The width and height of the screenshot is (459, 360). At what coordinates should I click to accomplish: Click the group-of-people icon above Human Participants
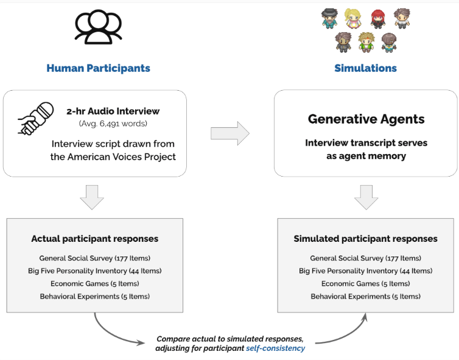tap(98, 27)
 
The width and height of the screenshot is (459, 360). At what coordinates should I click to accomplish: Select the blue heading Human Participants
tap(98, 68)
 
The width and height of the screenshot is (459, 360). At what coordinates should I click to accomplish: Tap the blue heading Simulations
tap(365, 68)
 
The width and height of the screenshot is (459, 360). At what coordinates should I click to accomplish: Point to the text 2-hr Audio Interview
tap(113, 111)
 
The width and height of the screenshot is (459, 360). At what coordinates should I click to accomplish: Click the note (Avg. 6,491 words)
tap(113, 124)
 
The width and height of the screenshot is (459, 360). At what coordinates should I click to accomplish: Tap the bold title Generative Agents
tap(365, 119)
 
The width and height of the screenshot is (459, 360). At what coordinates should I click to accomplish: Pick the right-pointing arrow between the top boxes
tap(229, 133)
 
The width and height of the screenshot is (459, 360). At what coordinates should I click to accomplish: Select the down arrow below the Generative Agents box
tap(366, 197)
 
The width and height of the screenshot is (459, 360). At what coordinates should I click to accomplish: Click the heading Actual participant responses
tap(94, 239)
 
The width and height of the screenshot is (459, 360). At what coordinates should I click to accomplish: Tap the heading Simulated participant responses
tap(365, 239)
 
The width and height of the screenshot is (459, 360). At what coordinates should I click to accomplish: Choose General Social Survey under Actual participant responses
tap(94, 258)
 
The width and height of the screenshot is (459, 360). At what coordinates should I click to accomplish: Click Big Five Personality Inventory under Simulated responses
tap(365, 271)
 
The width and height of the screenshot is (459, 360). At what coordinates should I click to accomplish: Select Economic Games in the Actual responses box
tap(94, 284)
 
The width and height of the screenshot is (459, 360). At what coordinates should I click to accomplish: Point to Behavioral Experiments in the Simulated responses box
tap(365, 297)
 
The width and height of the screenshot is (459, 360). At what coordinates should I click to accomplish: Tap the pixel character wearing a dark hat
tap(329, 18)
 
